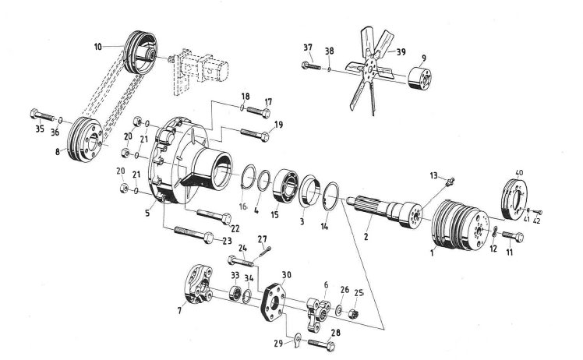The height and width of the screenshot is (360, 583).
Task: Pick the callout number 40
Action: [520, 172]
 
